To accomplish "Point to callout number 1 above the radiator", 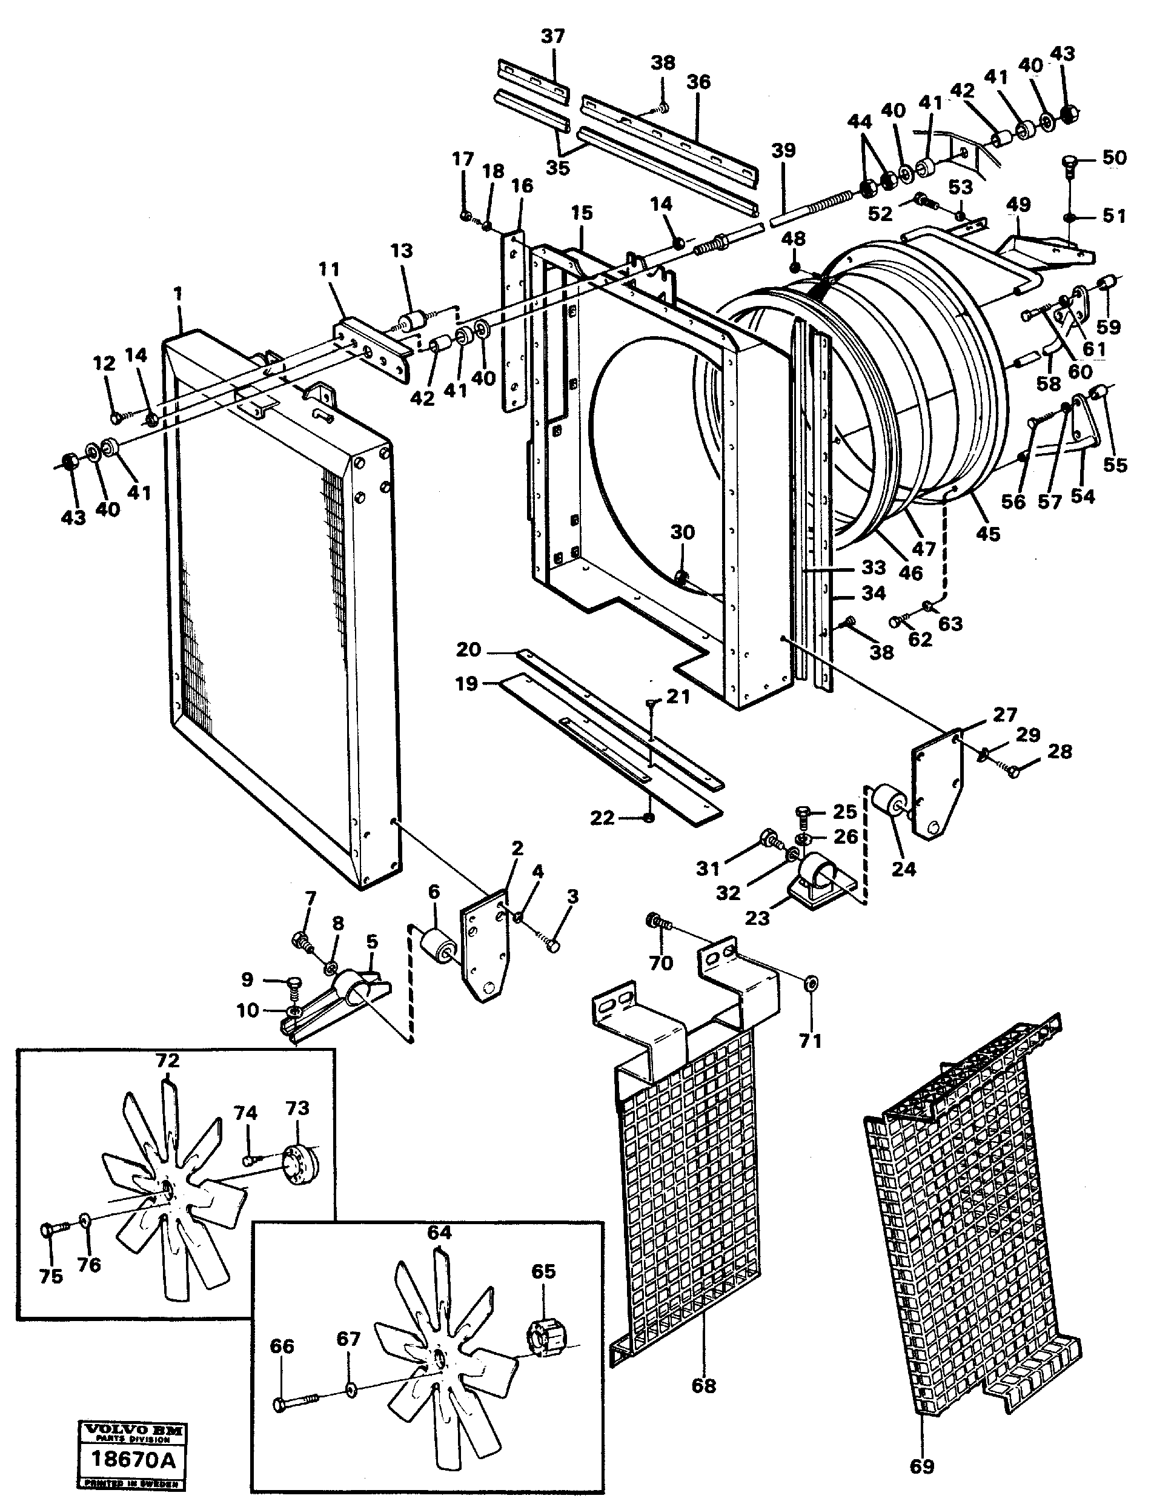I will pos(178,294).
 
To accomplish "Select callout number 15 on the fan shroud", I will pos(582,214).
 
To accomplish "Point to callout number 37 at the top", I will pos(552,36).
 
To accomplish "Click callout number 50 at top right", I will pos(1114,157).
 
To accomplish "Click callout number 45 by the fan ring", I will pos(988,534).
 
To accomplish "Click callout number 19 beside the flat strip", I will pos(466,684).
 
